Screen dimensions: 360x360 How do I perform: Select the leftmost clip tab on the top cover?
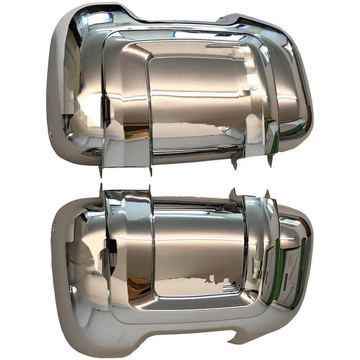coord(102,169)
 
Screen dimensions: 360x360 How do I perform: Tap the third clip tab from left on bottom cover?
coord(233,193)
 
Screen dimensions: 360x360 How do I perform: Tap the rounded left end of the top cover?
coord(56,91)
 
